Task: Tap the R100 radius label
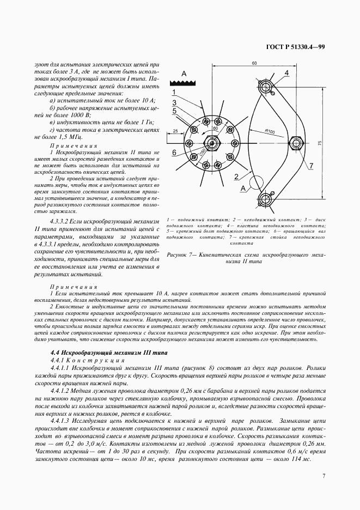(271, 131)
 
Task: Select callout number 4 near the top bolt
(286, 72)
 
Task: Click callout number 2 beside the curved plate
(237, 176)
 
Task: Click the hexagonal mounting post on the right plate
(298, 143)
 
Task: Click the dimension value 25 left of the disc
(176, 131)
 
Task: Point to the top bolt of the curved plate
(265, 86)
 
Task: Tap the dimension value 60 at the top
(254, 64)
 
